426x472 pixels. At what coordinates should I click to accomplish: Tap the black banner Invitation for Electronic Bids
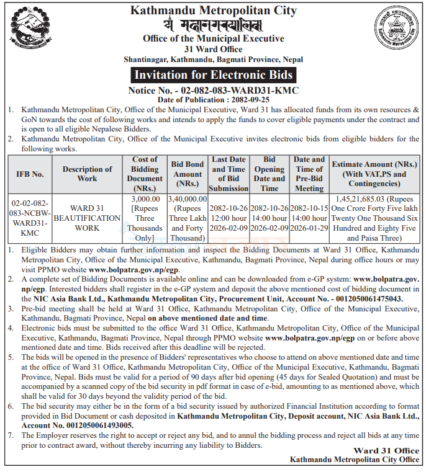212,76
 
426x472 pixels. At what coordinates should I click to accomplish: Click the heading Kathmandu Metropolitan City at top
214,11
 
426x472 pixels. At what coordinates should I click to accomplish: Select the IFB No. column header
30,174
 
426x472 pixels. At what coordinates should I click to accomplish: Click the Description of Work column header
87,174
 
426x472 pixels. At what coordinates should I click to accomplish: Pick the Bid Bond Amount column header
187,174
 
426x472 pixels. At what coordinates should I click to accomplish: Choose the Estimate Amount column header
374,174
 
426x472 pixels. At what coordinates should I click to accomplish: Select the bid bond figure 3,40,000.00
187,198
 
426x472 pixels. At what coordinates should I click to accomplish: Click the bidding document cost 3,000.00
145,198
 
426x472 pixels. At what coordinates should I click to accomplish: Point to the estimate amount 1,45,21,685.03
359,198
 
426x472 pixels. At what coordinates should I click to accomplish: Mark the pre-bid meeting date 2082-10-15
309,208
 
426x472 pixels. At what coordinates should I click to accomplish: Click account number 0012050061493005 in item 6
77,425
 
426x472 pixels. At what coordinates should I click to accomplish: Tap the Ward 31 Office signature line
386,450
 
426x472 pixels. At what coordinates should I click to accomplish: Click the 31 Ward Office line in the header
213,48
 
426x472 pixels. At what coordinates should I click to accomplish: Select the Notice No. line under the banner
213,91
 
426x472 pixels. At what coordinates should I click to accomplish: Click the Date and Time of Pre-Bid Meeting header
309,174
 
